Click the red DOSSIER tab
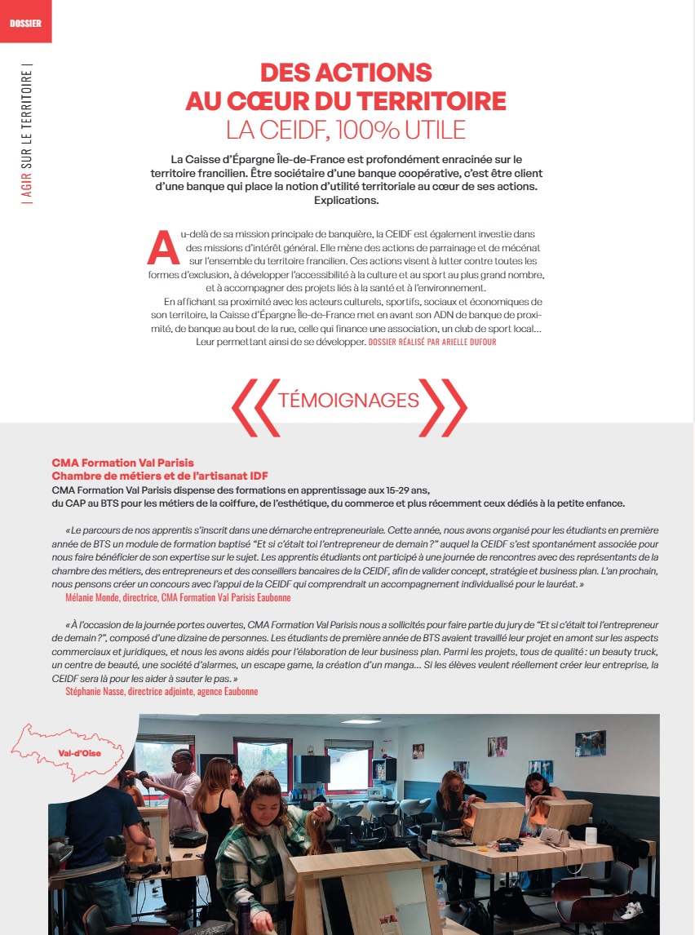(x=25, y=22)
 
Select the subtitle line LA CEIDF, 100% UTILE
(x=346, y=129)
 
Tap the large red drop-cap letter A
(x=163, y=248)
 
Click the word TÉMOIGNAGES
(x=348, y=400)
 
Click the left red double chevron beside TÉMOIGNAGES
(x=253, y=405)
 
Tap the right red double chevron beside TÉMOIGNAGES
(x=445, y=405)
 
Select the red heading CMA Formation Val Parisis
(x=122, y=463)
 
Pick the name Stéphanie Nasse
(x=100, y=691)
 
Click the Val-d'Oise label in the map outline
(x=80, y=753)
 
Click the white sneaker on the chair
(x=631, y=909)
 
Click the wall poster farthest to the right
(x=589, y=742)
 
